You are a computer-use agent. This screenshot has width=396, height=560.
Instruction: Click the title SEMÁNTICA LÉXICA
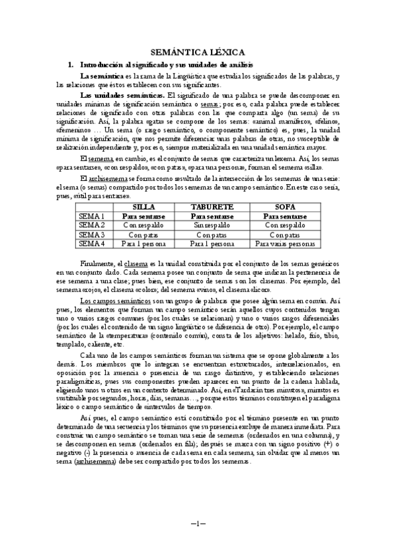pyautogui.click(x=198, y=51)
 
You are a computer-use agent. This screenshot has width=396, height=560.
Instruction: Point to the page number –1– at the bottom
pyautogui.click(x=198, y=524)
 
